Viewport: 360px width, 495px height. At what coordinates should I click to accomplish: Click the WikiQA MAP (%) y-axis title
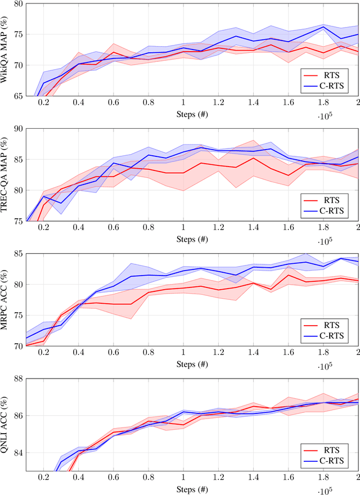pyautogui.click(x=6, y=49)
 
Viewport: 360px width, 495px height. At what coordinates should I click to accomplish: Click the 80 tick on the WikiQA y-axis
pyautogui.click(x=19, y=3)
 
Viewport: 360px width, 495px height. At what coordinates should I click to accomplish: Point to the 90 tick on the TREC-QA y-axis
pyautogui.click(x=19, y=128)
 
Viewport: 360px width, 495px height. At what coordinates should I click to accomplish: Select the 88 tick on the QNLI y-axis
pyautogui.click(x=19, y=379)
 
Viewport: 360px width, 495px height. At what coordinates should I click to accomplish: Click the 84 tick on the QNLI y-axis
pyautogui.click(x=19, y=452)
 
